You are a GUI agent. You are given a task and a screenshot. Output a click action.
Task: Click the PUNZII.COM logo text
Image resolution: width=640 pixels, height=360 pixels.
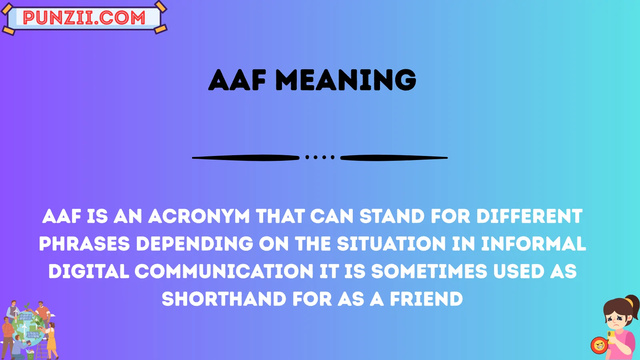(x=84, y=18)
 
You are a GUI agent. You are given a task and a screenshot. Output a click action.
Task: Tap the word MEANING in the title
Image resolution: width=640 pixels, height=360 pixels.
(x=346, y=80)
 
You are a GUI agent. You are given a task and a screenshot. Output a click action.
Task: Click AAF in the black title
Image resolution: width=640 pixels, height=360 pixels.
(x=237, y=80)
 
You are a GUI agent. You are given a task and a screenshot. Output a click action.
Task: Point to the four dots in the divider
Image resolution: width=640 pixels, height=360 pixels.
(x=320, y=158)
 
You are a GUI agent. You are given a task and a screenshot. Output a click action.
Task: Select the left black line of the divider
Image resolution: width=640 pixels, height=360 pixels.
(x=246, y=158)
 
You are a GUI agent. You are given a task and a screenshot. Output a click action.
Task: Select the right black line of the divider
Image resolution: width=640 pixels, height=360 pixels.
(x=394, y=158)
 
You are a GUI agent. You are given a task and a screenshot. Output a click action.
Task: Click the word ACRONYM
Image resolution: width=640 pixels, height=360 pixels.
(x=199, y=216)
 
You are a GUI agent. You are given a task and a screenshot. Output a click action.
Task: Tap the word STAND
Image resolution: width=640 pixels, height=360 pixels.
(x=392, y=216)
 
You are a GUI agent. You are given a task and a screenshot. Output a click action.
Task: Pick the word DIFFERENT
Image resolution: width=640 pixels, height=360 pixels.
(x=529, y=216)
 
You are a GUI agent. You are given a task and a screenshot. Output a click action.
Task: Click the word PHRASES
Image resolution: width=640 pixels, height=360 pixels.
(x=84, y=244)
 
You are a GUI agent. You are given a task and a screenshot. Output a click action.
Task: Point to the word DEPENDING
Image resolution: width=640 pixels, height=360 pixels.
(x=194, y=244)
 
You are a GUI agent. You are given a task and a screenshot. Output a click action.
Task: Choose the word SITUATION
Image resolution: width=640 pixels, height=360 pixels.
(x=391, y=244)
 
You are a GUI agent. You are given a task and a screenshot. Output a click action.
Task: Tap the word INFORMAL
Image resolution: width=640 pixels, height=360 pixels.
(x=533, y=244)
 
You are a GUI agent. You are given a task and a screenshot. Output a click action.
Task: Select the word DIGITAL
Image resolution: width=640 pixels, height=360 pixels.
(x=89, y=272)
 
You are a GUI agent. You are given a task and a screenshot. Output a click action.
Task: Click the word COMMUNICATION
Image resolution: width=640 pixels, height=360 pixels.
(x=224, y=272)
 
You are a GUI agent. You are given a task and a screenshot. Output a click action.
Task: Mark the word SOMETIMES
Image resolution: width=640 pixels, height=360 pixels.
(x=429, y=272)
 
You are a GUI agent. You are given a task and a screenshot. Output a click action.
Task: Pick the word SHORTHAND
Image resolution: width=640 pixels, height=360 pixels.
(x=224, y=299)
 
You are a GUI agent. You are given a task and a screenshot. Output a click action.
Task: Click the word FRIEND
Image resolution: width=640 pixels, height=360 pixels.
(x=426, y=299)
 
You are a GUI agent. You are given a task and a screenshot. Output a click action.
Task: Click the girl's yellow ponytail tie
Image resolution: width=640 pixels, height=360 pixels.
(x=629, y=302)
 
